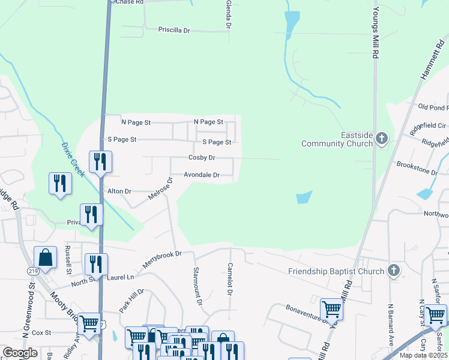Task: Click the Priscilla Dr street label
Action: coord(174,29)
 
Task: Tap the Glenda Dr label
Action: coord(228,14)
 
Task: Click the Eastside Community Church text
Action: coord(337,139)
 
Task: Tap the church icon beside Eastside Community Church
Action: coord(381,139)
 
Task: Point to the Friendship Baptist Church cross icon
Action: coord(394,271)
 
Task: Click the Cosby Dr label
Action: coord(202,158)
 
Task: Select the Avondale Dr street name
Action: coord(201,176)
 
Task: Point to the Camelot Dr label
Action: coord(229,280)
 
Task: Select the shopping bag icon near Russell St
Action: coord(45,258)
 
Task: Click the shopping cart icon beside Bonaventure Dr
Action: coord(331,310)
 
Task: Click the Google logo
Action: coord(20,353)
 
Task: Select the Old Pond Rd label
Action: coord(433,107)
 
